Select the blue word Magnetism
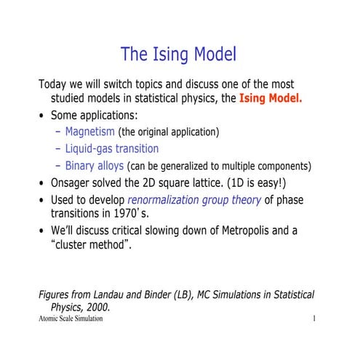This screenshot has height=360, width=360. click(x=89, y=132)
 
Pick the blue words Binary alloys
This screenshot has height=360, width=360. click(x=95, y=165)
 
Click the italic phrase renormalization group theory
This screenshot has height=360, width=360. click(x=194, y=199)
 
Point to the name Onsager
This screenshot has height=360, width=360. click(x=76, y=183)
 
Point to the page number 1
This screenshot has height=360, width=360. click(x=313, y=319)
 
